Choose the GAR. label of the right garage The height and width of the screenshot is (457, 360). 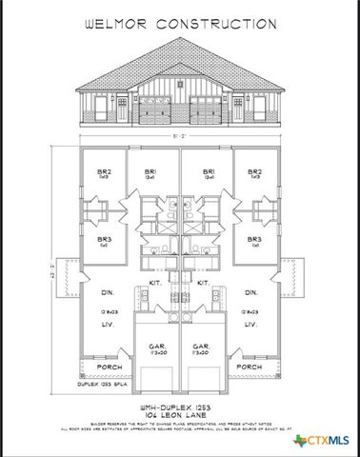[x=202, y=348]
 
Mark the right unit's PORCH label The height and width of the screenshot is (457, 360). [x=249, y=367]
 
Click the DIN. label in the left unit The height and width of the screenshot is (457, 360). [x=104, y=293]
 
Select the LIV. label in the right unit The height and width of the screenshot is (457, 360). [x=251, y=325]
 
